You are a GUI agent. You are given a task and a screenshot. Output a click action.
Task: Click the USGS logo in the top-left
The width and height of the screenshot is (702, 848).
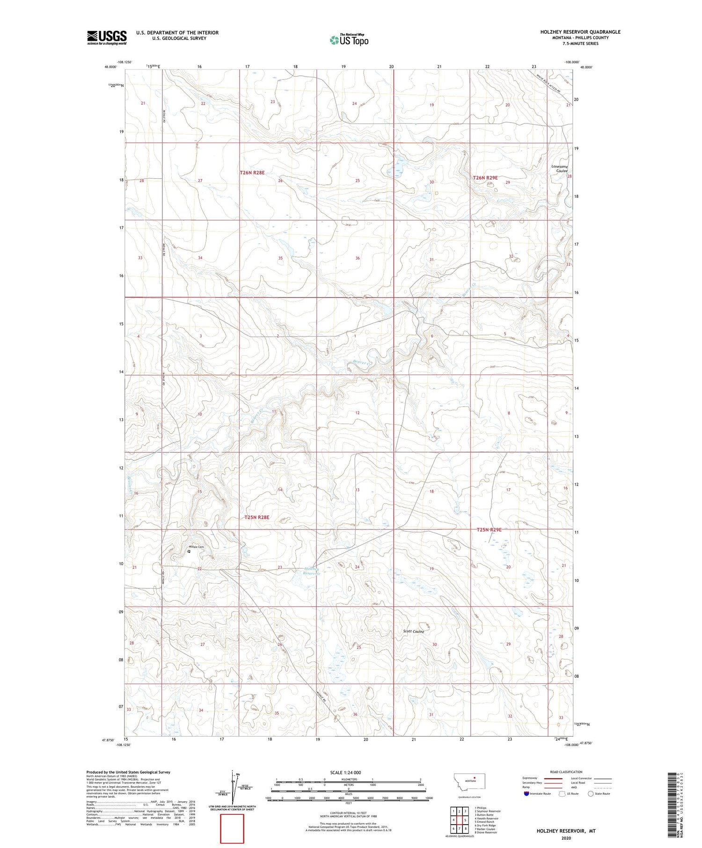tap(107, 37)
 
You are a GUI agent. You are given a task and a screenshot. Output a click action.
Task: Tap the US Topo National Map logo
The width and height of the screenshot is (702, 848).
tap(349, 40)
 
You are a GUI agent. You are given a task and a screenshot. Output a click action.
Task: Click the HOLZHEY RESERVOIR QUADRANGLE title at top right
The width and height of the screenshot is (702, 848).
tap(580, 32)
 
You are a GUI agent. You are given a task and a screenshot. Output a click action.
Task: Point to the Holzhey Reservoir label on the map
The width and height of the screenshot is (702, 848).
tap(311, 571)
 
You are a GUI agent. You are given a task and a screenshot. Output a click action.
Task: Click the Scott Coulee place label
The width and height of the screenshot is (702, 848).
tap(414, 631)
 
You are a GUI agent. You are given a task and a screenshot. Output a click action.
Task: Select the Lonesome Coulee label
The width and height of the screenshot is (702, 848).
tap(560, 168)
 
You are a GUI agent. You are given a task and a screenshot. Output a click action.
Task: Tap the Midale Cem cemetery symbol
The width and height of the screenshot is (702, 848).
tap(189, 551)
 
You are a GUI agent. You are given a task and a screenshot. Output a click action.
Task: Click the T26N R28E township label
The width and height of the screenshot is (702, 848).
tap(252, 173)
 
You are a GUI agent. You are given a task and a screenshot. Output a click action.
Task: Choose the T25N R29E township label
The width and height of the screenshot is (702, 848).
tap(489, 529)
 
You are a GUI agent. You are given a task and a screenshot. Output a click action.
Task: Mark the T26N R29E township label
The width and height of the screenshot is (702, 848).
tap(485, 178)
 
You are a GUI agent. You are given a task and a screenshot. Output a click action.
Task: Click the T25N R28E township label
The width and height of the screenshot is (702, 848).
tap(257, 517)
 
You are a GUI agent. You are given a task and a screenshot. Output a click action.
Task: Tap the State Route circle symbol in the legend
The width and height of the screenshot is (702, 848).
tap(591, 794)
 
